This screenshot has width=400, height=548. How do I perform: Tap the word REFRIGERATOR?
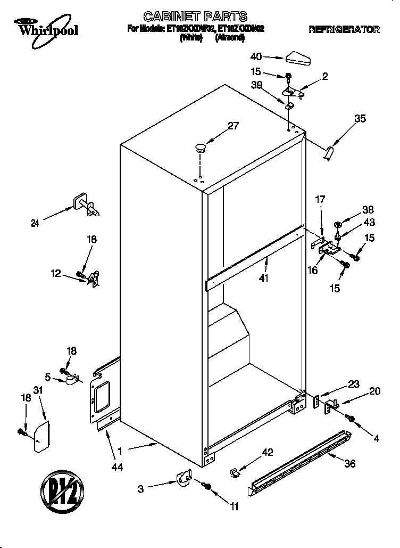pos(344,30)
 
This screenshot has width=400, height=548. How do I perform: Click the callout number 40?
pos(256,56)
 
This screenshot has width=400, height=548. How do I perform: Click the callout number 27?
pos(234,126)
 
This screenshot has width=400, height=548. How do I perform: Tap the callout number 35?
pos(360,119)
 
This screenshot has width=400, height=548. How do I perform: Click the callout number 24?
pos(35,224)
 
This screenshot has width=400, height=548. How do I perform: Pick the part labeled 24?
pos(85,205)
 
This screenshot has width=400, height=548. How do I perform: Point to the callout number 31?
pos(37,390)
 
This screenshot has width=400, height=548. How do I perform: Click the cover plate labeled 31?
pos(41,437)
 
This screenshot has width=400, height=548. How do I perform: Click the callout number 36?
pos(349,463)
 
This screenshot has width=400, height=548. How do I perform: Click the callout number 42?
pos(268,453)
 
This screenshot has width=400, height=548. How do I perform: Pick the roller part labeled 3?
pos(183,477)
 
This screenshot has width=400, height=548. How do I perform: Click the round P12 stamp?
pos(60,488)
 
